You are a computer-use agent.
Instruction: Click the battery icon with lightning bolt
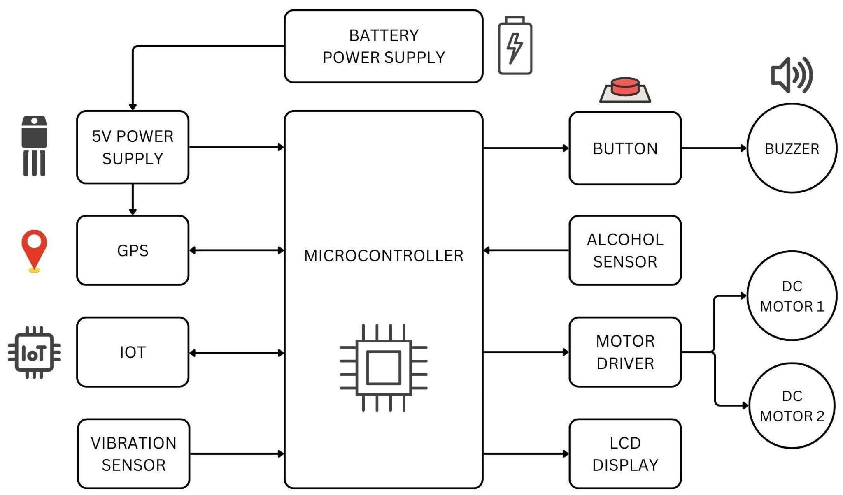[515, 46]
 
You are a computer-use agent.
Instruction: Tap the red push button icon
[625, 90]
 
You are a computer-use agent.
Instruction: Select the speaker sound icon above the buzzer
[791, 75]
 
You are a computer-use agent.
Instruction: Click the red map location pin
[34, 250]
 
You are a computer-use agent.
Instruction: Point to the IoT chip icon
[34, 352]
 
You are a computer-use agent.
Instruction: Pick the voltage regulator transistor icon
[34, 146]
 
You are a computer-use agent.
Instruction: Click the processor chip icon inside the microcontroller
[383, 367]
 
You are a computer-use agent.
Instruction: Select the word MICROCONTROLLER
[383, 256]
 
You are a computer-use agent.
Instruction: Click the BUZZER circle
[791, 148]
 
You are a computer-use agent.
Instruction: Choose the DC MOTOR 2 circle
[791, 406]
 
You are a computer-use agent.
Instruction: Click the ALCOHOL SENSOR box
[624, 250]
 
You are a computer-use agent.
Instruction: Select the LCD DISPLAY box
[624, 454]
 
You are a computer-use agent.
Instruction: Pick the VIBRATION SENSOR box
[133, 454]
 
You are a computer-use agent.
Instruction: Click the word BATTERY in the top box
[383, 36]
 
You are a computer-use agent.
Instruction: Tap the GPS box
[133, 250]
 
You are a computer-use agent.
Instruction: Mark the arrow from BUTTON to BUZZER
[714, 148]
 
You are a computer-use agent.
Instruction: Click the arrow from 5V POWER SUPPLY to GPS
[133, 200]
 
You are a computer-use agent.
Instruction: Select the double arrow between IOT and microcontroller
[236, 353]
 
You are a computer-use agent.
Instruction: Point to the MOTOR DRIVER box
[624, 352]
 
